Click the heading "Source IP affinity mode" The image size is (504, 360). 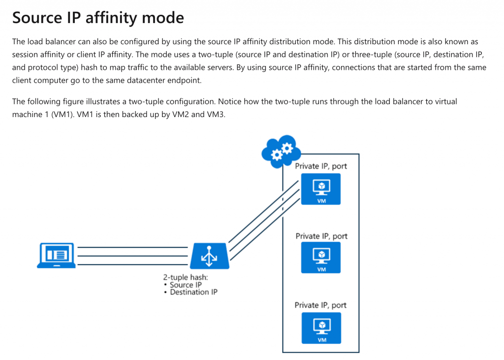point(98,18)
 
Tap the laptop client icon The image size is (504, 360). point(56,255)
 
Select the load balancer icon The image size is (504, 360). point(209,255)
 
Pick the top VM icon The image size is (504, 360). point(321,190)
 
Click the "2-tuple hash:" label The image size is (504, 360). point(185,277)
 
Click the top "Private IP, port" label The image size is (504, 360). point(321,166)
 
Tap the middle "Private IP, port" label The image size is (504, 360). point(321,236)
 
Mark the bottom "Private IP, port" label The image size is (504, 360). point(320,305)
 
